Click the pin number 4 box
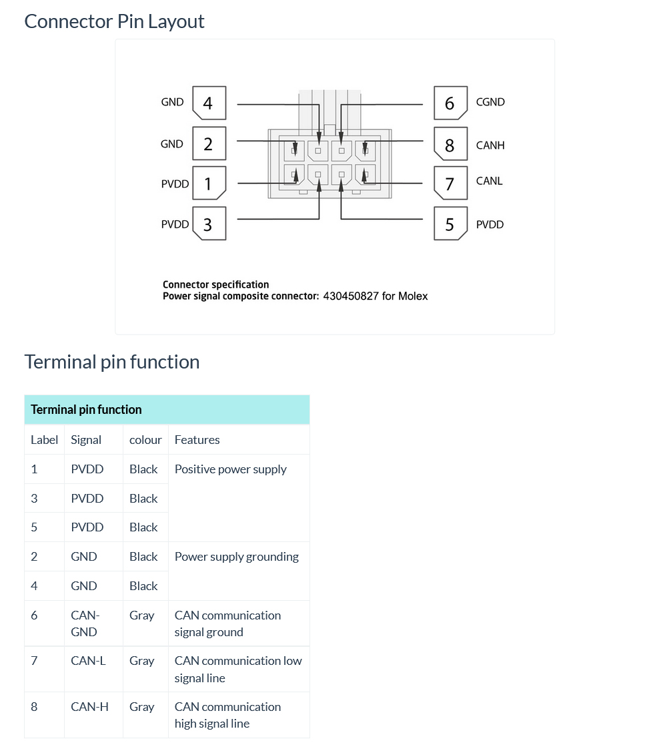tap(209, 103)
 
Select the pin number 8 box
tap(450, 144)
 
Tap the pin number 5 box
tap(450, 224)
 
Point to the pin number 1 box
tap(209, 184)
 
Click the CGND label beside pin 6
tap(490, 102)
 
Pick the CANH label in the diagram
tap(490, 145)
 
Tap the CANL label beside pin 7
tap(490, 181)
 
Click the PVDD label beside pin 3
tap(175, 224)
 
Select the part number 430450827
tap(351, 296)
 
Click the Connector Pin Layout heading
tap(114, 21)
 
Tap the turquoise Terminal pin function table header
tap(167, 409)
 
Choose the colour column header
tap(145, 440)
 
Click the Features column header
tap(197, 440)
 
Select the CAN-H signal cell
tap(89, 706)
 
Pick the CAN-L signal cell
tap(88, 661)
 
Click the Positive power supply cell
tap(231, 469)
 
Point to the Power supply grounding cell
tap(236, 557)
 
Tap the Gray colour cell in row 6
tap(142, 615)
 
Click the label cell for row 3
tap(34, 499)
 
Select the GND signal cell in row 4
tap(84, 586)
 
